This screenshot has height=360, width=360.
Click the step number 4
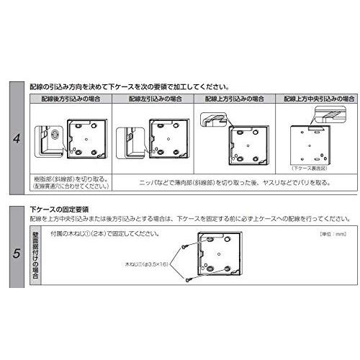[x=16, y=138]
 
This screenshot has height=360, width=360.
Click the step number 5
[x=16, y=253]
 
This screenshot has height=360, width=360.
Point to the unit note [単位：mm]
[x=334, y=234]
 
